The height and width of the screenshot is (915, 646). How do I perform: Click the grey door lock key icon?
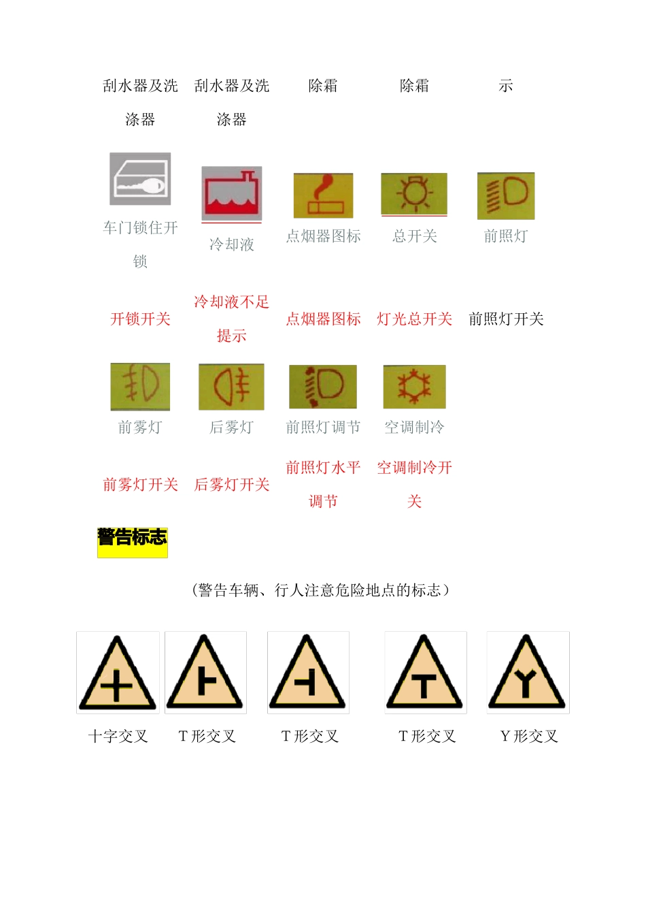[x=140, y=178]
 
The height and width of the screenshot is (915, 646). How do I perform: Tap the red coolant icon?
[x=231, y=193]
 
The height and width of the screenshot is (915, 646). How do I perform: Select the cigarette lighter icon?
[x=323, y=195]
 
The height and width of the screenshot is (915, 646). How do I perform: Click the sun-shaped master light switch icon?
[x=414, y=194]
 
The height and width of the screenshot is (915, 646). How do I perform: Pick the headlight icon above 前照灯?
[x=506, y=196]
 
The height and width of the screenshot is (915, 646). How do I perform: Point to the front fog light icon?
[x=140, y=387]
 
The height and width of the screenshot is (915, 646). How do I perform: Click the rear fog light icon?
[x=231, y=387]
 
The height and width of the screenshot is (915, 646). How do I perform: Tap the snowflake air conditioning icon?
[x=414, y=387]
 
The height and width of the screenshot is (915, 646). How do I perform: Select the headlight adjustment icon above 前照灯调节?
[x=323, y=387]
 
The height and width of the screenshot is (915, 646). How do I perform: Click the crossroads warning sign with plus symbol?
[x=118, y=673]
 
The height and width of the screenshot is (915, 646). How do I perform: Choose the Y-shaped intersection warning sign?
[x=528, y=673]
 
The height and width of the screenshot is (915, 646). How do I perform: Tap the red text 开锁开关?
[x=140, y=319]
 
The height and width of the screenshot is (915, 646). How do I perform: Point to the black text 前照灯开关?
[x=506, y=319]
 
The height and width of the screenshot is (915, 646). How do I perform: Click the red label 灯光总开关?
[x=414, y=319]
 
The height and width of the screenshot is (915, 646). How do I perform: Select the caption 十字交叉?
[x=118, y=736]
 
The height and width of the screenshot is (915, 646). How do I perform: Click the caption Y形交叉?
[x=529, y=736]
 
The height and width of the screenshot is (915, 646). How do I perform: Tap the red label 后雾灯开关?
[x=232, y=484]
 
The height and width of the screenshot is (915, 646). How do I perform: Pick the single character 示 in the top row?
[x=506, y=86]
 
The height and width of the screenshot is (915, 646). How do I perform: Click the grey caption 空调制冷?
[x=414, y=427]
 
